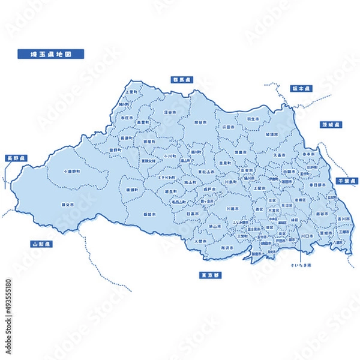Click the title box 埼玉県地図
coord(51,54)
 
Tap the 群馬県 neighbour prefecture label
coord(179,79)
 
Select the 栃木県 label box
coord(298,88)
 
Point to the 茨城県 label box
coord(330,125)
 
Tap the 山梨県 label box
coord(42,244)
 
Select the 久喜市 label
coord(279,155)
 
